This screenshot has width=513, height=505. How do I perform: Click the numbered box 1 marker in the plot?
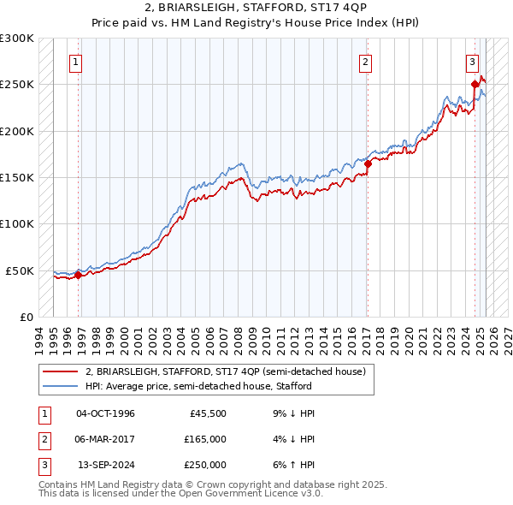point(76,62)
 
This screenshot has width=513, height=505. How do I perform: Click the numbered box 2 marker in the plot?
point(365,62)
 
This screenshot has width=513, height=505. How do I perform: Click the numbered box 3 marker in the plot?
point(471,62)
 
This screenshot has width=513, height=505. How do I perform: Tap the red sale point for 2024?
point(475,84)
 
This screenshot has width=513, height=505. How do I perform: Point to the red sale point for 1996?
point(78,275)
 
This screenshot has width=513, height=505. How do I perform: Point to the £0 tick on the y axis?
point(26,317)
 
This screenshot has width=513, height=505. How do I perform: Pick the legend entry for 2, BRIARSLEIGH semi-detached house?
point(225,371)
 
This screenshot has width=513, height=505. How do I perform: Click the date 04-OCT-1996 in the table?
point(105,413)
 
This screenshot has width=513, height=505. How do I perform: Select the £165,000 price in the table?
point(205,439)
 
